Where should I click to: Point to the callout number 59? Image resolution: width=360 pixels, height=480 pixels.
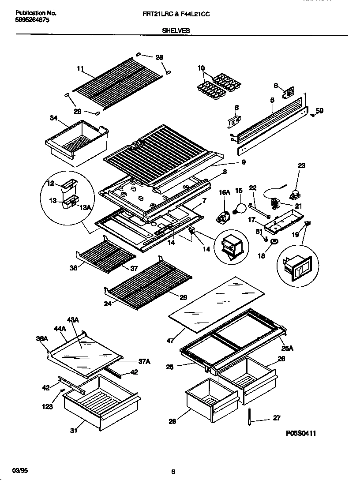pos(320,111)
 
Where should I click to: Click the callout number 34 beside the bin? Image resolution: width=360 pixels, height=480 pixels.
pos(54,118)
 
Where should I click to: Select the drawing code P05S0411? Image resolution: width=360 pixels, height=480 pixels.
pos(301,433)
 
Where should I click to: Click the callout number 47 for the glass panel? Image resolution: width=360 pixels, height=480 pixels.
pos(170,341)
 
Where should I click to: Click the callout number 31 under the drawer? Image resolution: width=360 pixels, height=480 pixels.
pos(74,431)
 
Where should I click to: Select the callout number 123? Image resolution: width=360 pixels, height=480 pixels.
pos(48,406)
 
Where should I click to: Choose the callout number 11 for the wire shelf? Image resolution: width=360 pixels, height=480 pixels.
pos(80,68)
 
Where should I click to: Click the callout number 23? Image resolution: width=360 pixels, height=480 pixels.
pos(301,166)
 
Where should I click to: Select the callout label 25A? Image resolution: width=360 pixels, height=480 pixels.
pos(288,348)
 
